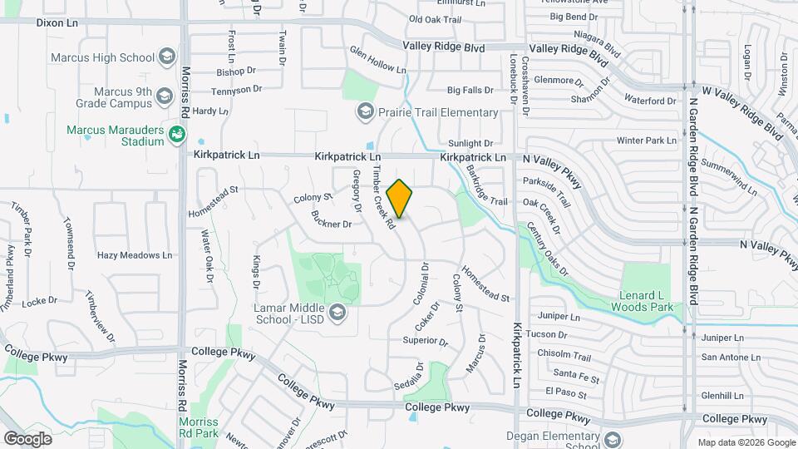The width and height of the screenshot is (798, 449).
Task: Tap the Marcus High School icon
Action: coord(167,57)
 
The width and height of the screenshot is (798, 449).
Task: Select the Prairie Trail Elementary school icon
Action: coord(365,111)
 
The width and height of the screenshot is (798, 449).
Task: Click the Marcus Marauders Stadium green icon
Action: coord(176,135)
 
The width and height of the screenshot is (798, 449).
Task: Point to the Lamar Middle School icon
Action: coord(337,312)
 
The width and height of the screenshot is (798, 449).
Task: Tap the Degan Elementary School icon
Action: coord(612,440)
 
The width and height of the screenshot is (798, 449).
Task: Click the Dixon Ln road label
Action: coord(57,22)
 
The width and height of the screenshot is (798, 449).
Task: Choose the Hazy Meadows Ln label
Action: coord(135,255)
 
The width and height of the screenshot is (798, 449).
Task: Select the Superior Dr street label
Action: coord(425,341)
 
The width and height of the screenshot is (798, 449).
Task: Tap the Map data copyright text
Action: coord(746,442)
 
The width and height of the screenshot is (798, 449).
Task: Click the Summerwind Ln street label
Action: coord(729,177)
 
